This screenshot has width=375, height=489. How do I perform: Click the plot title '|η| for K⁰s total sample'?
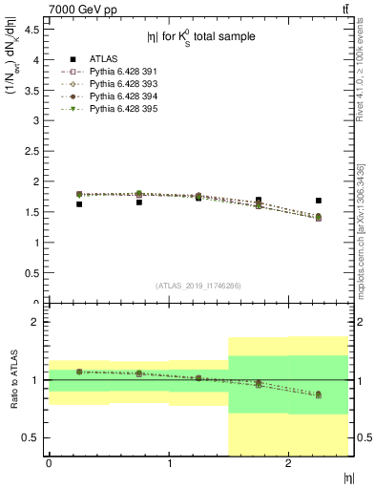coord(200,38)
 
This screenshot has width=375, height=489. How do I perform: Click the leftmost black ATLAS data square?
coord(78,203)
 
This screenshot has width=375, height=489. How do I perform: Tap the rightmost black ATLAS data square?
coord(318,201)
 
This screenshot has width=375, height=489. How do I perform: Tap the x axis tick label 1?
coord(169,463)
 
